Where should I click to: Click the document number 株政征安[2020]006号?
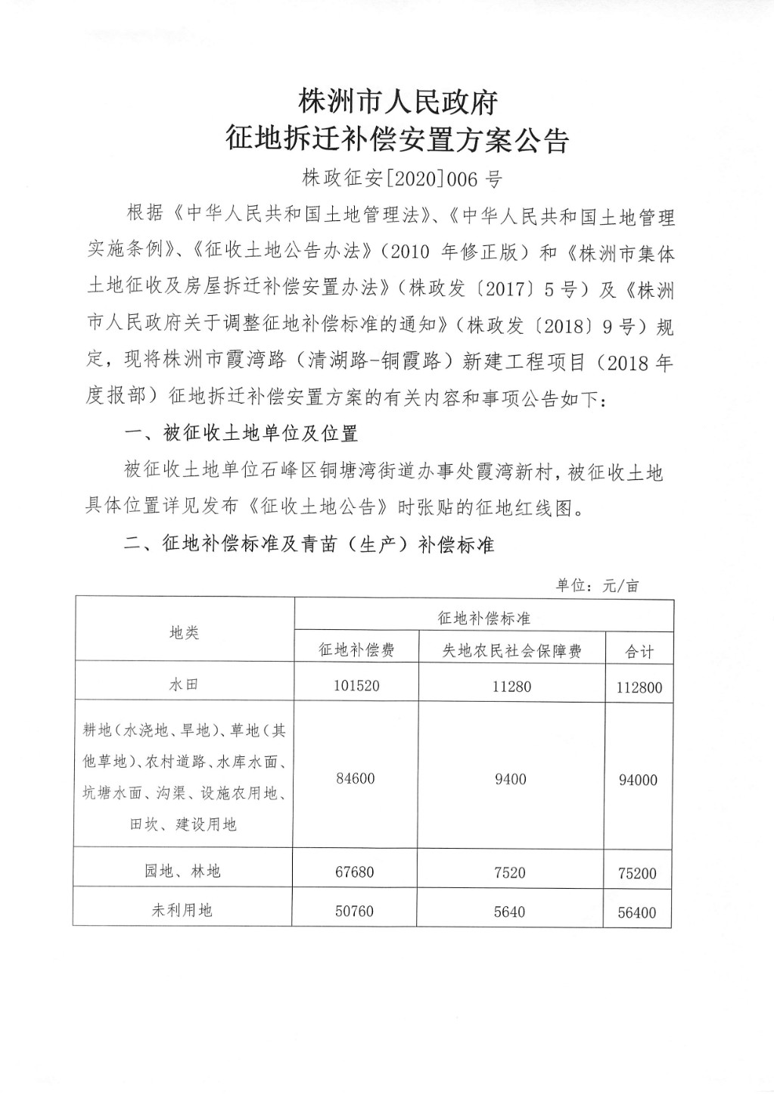click(402, 179)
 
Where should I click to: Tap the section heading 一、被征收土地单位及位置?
click(241, 434)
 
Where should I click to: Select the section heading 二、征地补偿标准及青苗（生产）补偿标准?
click(309, 544)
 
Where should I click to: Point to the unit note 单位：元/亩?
click(598, 585)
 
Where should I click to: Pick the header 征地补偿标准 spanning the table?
click(484, 618)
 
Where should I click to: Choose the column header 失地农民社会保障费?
click(511, 650)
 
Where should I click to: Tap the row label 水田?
click(184, 684)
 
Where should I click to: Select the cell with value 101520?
click(356, 686)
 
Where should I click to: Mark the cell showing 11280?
click(511, 687)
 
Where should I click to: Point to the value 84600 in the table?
click(355, 778)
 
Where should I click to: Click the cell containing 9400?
click(511, 779)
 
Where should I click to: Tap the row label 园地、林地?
click(183, 871)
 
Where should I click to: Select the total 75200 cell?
click(637, 873)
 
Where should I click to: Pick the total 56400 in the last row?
click(637, 912)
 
